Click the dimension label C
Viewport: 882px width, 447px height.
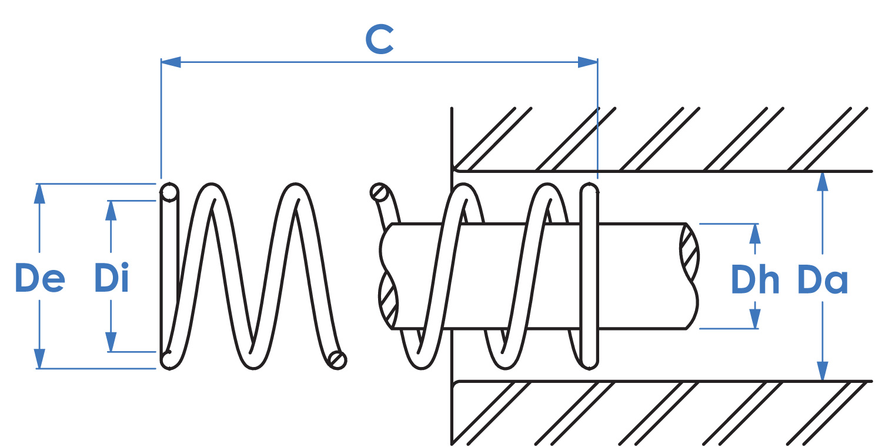pos(380,39)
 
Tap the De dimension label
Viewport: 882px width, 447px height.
pos(40,278)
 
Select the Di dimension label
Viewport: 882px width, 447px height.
pos(112,278)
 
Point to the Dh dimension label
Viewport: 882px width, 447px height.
pos(755,279)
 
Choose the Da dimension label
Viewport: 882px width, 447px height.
pos(823,280)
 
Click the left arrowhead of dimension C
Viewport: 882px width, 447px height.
pos(171,62)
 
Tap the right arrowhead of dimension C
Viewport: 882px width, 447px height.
pos(588,62)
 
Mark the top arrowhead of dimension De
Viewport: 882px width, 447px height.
pos(39,194)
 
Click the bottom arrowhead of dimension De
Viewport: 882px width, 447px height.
pos(39,359)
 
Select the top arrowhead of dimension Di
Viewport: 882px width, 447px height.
pos(111,211)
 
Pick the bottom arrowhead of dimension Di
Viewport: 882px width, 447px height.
pos(111,342)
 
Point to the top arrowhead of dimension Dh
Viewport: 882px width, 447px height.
pos(755,233)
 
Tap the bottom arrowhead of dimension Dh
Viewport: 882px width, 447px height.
pos(755,319)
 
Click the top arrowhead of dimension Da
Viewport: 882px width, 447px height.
pos(822,182)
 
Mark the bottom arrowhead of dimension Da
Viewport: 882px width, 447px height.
pos(822,371)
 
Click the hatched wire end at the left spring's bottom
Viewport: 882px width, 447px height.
pos(338,360)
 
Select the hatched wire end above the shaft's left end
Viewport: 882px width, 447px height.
pos(380,192)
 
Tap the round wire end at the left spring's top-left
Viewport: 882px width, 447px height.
pos(169,193)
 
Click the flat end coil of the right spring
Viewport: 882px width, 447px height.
pos(589,276)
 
